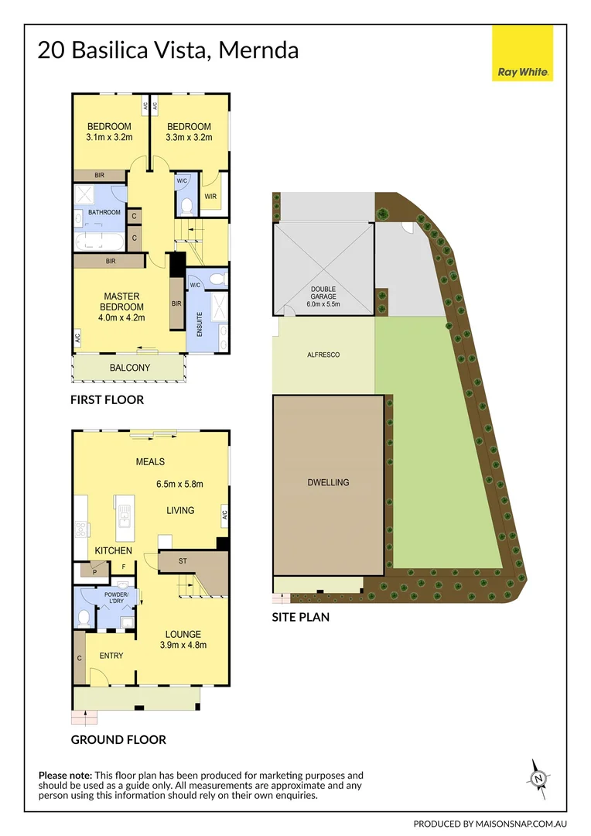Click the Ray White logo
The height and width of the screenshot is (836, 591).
(x=522, y=53)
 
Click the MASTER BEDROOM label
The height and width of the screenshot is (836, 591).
(x=121, y=301)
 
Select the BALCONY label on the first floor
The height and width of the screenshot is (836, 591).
(x=129, y=368)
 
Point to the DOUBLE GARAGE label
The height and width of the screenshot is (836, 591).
(x=324, y=294)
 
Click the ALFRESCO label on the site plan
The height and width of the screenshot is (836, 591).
(x=323, y=355)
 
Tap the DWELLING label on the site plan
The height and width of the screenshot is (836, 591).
(x=328, y=482)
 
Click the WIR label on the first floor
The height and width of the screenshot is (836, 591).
(x=210, y=196)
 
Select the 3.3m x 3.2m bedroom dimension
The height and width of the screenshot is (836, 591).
(x=189, y=138)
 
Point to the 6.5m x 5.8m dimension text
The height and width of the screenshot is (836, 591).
(x=179, y=485)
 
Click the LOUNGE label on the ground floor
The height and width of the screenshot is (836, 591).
(x=183, y=634)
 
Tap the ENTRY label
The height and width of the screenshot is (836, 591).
(x=111, y=656)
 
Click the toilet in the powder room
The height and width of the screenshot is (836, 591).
(x=84, y=618)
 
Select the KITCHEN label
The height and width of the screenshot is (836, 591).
(x=113, y=550)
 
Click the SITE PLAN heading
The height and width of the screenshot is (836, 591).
(x=300, y=617)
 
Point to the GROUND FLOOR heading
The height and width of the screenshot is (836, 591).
(x=118, y=740)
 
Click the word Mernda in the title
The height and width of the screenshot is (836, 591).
(x=258, y=51)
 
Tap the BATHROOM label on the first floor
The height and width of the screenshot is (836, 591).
(x=104, y=212)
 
